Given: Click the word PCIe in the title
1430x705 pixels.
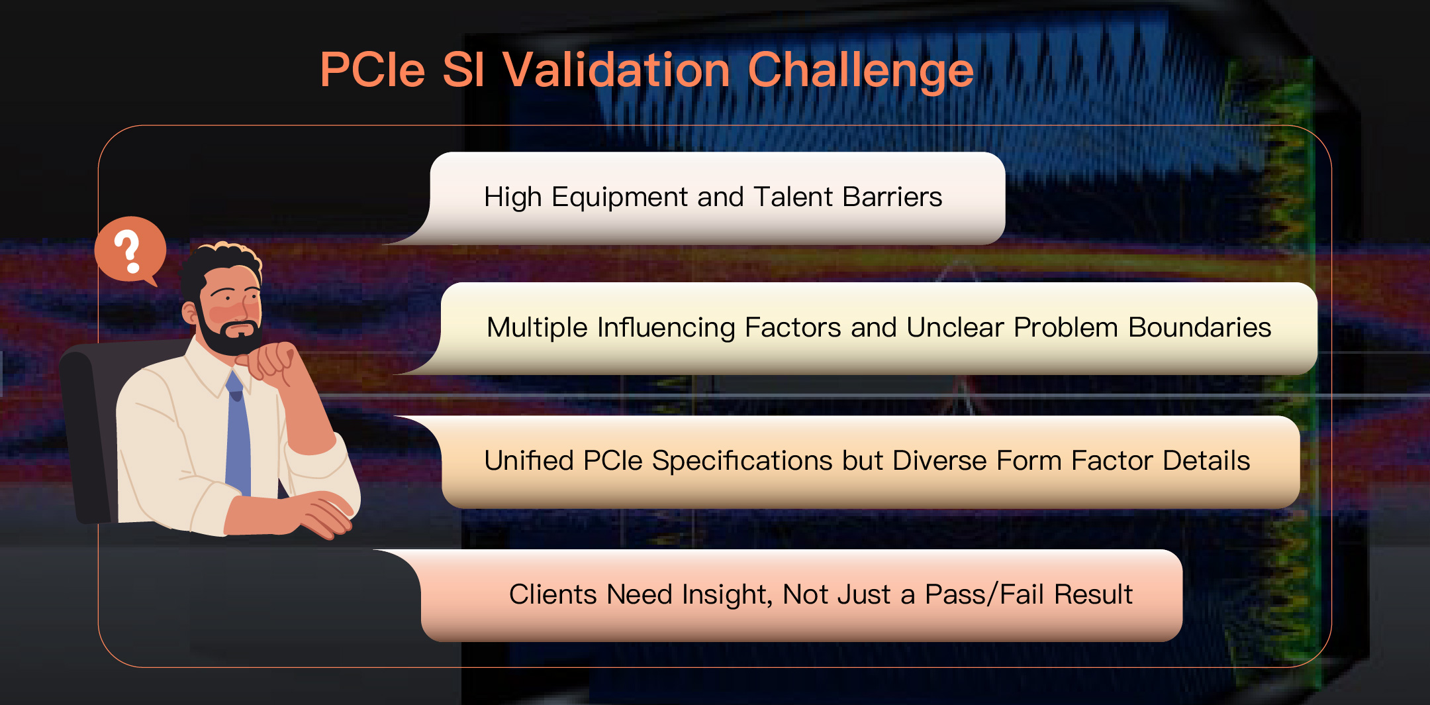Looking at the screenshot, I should click(x=372, y=70).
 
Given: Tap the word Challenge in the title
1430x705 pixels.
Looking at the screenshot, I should click(x=861, y=71).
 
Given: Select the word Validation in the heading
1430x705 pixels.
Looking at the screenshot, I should click(x=616, y=70).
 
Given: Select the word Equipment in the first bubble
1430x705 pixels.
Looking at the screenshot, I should click(x=620, y=197).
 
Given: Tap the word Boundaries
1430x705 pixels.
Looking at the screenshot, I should click(x=1200, y=327).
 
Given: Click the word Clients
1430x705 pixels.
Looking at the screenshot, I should click(x=553, y=594).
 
